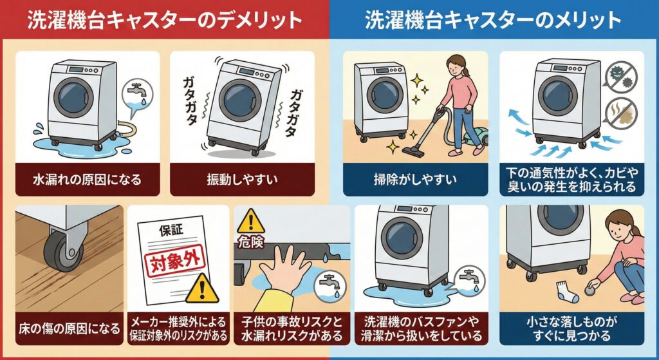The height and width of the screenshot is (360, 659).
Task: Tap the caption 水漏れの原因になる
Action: point(87,177)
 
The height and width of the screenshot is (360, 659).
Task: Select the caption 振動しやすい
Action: point(242,177)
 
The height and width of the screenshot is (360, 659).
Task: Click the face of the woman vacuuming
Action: point(457,65)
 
